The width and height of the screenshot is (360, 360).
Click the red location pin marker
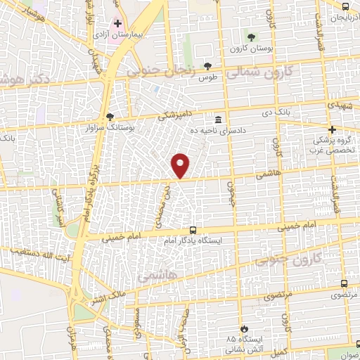[x=181, y=166]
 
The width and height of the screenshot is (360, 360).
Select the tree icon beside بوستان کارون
[x=252, y=36]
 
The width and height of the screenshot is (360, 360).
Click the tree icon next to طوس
[x=207, y=65]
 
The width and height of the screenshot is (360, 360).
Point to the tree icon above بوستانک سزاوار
[x=109, y=117]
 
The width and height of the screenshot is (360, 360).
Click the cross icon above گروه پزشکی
[x=333, y=129]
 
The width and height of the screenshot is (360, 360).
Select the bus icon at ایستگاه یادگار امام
[x=193, y=230]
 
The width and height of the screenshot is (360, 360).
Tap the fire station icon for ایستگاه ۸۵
[x=243, y=329]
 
